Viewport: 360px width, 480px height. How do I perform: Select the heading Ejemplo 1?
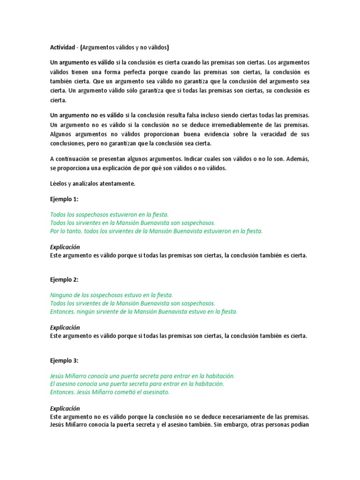(x=65, y=199)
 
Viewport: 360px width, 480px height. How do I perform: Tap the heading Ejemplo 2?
(x=65, y=280)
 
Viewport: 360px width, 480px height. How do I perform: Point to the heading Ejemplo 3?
(x=65, y=360)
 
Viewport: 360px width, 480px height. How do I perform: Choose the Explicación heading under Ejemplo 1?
(x=65, y=247)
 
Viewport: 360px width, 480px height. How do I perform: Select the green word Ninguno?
(x=62, y=295)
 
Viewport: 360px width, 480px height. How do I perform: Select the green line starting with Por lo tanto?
(x=156, y=231)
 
